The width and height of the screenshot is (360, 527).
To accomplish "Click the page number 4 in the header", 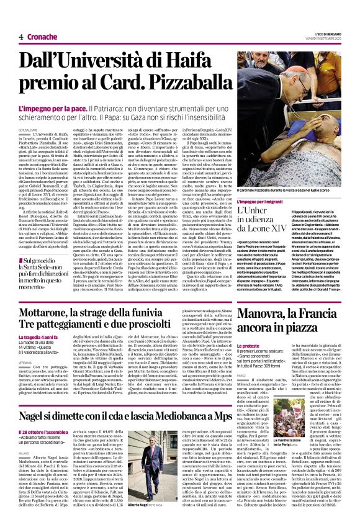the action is pos(21,37).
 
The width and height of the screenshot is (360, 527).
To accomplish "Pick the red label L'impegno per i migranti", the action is pos(263,202).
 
